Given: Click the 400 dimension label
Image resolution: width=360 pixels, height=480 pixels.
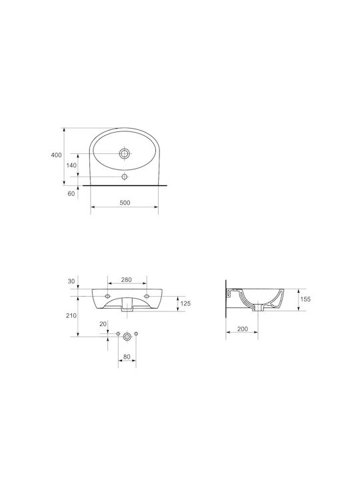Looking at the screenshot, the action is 56,155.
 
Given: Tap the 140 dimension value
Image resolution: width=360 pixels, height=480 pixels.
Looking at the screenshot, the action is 71,165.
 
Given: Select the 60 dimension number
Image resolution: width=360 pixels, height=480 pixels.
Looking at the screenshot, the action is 71,194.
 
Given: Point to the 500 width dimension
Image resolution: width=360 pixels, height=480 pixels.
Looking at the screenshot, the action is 125,203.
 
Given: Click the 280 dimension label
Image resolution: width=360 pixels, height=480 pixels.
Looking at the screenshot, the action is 127,280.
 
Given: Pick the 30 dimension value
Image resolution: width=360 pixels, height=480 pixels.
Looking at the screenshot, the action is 71,281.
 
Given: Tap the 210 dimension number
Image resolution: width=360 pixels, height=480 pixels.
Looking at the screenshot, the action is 71,315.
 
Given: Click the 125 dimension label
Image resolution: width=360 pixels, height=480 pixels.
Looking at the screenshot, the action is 185,303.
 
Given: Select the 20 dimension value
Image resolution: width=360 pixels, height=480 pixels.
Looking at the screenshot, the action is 103,324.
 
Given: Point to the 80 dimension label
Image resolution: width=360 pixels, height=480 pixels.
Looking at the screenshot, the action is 127,357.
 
